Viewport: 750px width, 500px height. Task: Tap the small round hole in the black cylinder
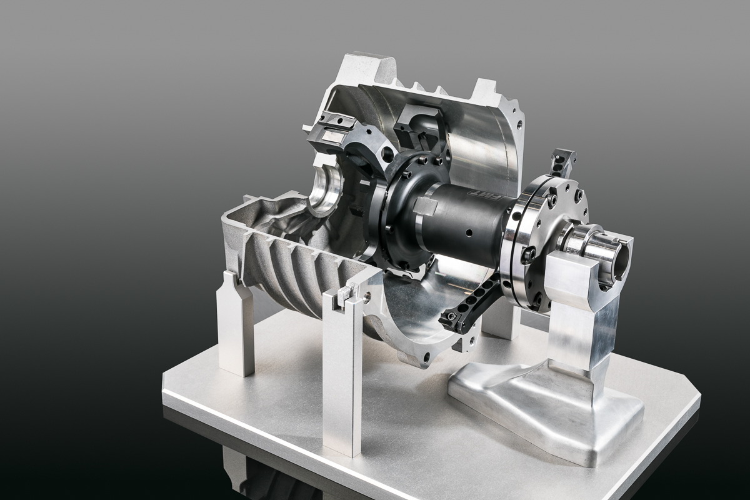pos(468,233)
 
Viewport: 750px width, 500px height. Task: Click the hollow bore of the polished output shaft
pos(621,262)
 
